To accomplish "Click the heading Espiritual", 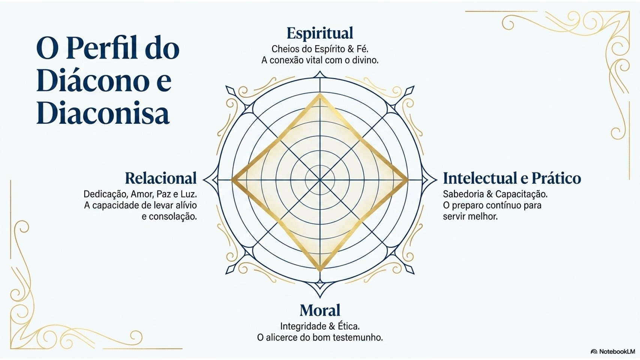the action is pos(320,33).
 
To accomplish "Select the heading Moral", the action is pos(320,310).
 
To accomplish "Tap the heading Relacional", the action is pos(161,178).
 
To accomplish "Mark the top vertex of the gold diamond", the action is pos(320,94).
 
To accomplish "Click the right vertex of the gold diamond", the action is pos(408,180).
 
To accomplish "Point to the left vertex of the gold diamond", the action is pos(232,180).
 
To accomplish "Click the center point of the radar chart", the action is pos(320,180).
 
